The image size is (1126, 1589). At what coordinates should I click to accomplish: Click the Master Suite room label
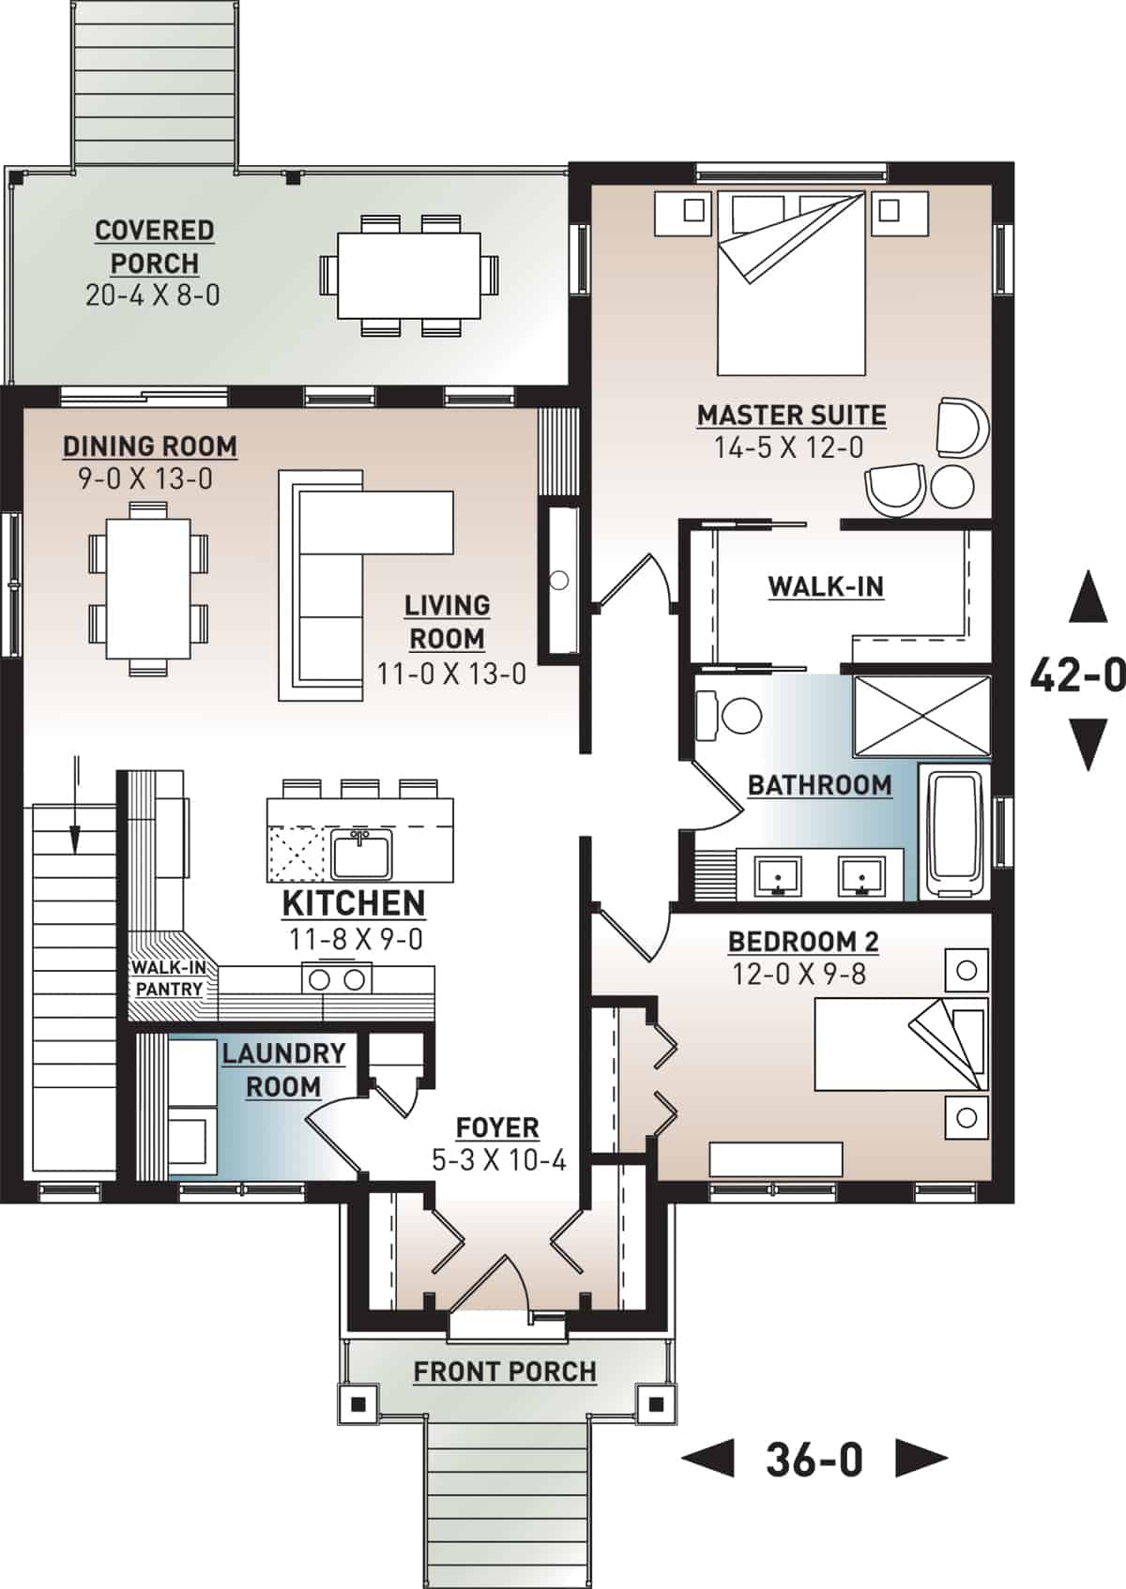tap(791, 415)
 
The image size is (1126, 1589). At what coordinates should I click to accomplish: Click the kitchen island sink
tap(361, 854)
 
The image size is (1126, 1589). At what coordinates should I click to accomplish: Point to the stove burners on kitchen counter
tap(337, 979)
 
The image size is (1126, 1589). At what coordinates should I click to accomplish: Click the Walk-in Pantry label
tap(169, 978)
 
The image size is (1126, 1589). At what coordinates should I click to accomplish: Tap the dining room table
tap(148, 589)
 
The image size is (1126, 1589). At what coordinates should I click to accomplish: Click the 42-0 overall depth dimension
tap(1077, 673)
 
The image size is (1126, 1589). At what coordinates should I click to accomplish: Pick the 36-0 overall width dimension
tap(814, 1460)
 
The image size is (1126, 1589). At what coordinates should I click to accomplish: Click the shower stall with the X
tap(921, 716)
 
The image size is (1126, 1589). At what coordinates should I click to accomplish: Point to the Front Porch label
tap(505, 1371)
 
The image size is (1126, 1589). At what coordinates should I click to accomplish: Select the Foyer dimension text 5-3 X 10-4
tap(498, 1160)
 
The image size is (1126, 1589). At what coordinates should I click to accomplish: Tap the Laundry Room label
tap(283, 1069)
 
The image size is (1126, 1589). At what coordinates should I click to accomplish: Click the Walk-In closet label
tap(826, 586)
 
